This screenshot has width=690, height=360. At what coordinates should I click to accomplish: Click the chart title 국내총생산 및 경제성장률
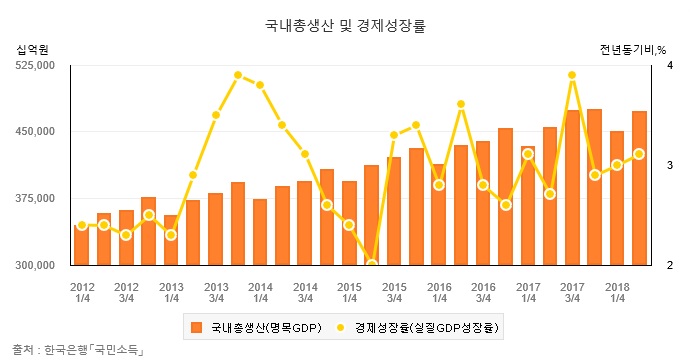pos(344,20)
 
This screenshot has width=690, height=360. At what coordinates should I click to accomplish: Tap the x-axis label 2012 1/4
pos(82,291)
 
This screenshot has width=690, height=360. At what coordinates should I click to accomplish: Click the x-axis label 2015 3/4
pos(394,291)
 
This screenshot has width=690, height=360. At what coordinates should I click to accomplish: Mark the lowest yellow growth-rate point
pos(372,264)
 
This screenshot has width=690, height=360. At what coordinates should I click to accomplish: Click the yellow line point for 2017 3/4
pos(572,75)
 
